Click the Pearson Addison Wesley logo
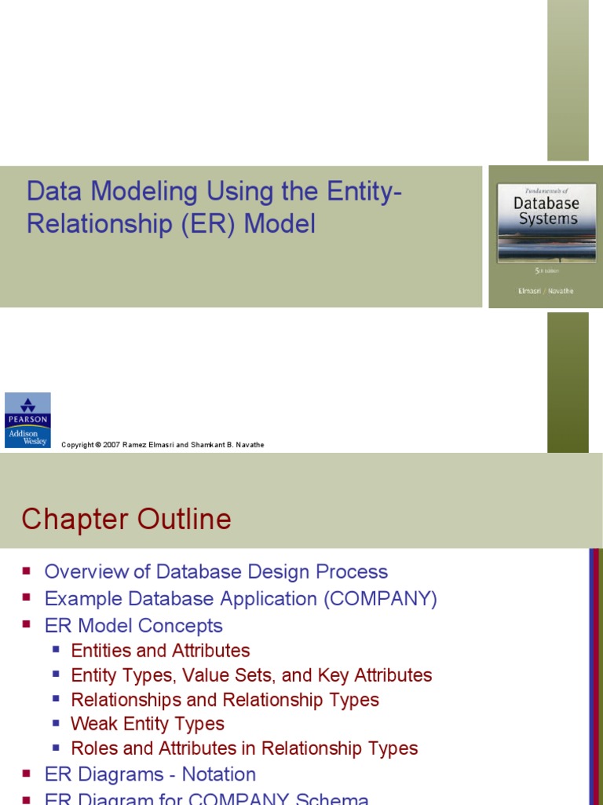tap(27, 420)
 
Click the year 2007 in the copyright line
tap(111, 445)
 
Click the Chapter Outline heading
tap(126, 520)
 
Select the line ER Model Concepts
tap(133, 626)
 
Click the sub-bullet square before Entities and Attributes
tap(56, 649)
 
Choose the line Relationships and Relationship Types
tap(225, 700)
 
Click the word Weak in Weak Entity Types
tap(93, 724)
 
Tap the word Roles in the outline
tap(93, 748)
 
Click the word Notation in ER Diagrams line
tap(219, 774)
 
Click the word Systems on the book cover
tap(548, 219)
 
